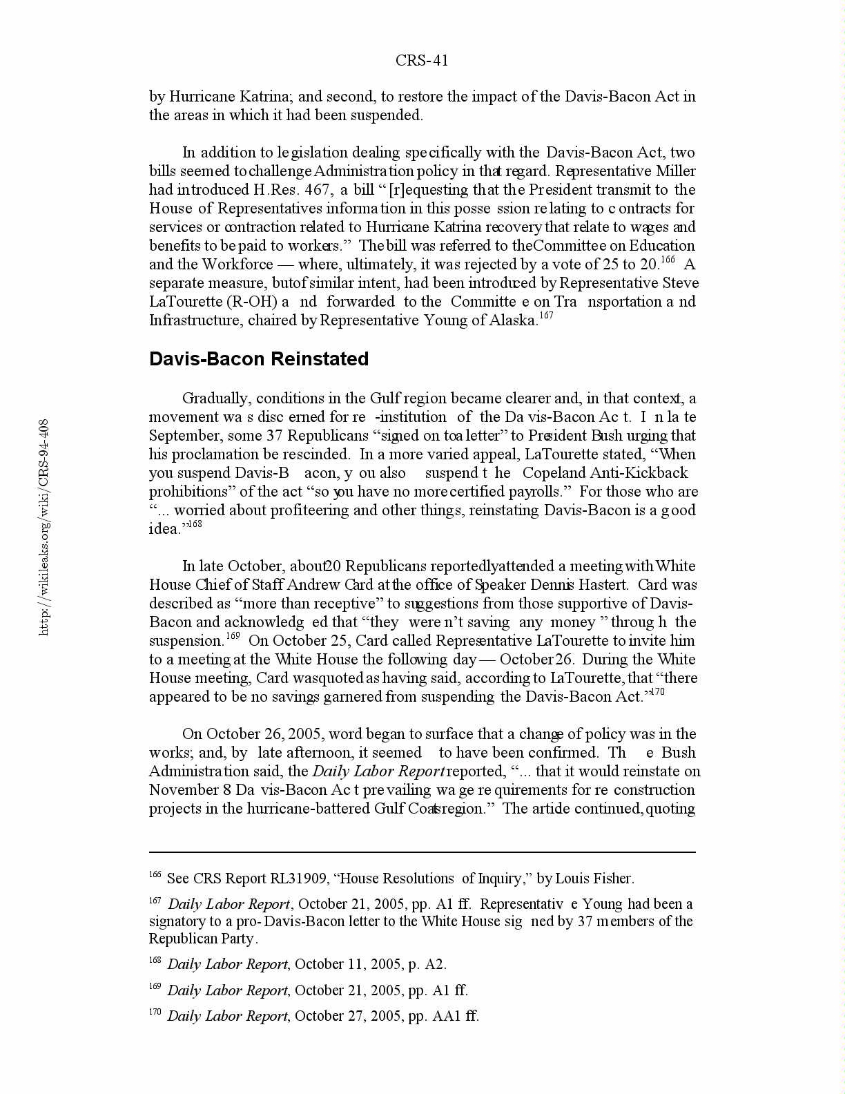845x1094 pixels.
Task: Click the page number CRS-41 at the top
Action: click(x=422, y=61)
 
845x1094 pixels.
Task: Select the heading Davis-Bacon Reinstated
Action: click(x=259, y=359)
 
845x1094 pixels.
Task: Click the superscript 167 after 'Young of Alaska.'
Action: click(x=546, y=316)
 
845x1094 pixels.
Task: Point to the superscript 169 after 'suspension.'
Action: click(x=233, y=636)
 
